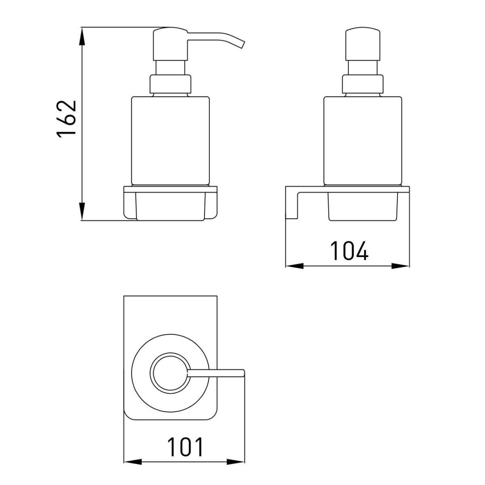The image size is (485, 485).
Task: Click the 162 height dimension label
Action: click(x=67, y=119)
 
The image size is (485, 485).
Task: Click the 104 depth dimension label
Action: click(x=349, y=251)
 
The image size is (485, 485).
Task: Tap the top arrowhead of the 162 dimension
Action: click(x=82, y=36)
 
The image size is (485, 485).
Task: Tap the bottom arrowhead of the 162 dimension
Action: click(x=82, y=211)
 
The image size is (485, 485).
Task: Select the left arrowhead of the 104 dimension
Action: click(x=295, y=266)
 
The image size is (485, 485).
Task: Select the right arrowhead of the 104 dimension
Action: click(x=401, y=266)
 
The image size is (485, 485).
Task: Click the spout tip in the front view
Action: click(x=242, y=44)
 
